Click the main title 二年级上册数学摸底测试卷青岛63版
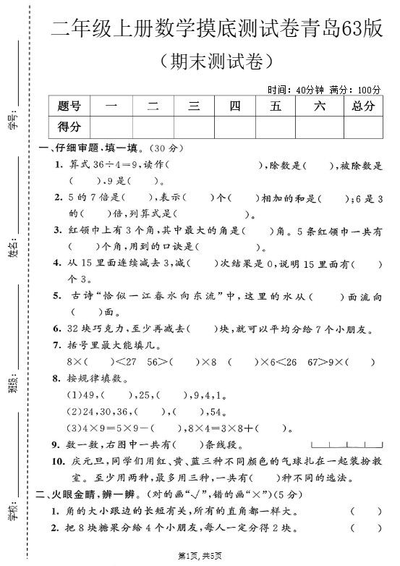[217, 30]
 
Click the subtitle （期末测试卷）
[217, 60]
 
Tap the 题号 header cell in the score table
[69, 106]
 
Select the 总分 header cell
[363, 106]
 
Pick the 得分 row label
[69, 127]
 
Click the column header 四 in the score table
[234, 106]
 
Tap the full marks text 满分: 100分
[354, 90]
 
